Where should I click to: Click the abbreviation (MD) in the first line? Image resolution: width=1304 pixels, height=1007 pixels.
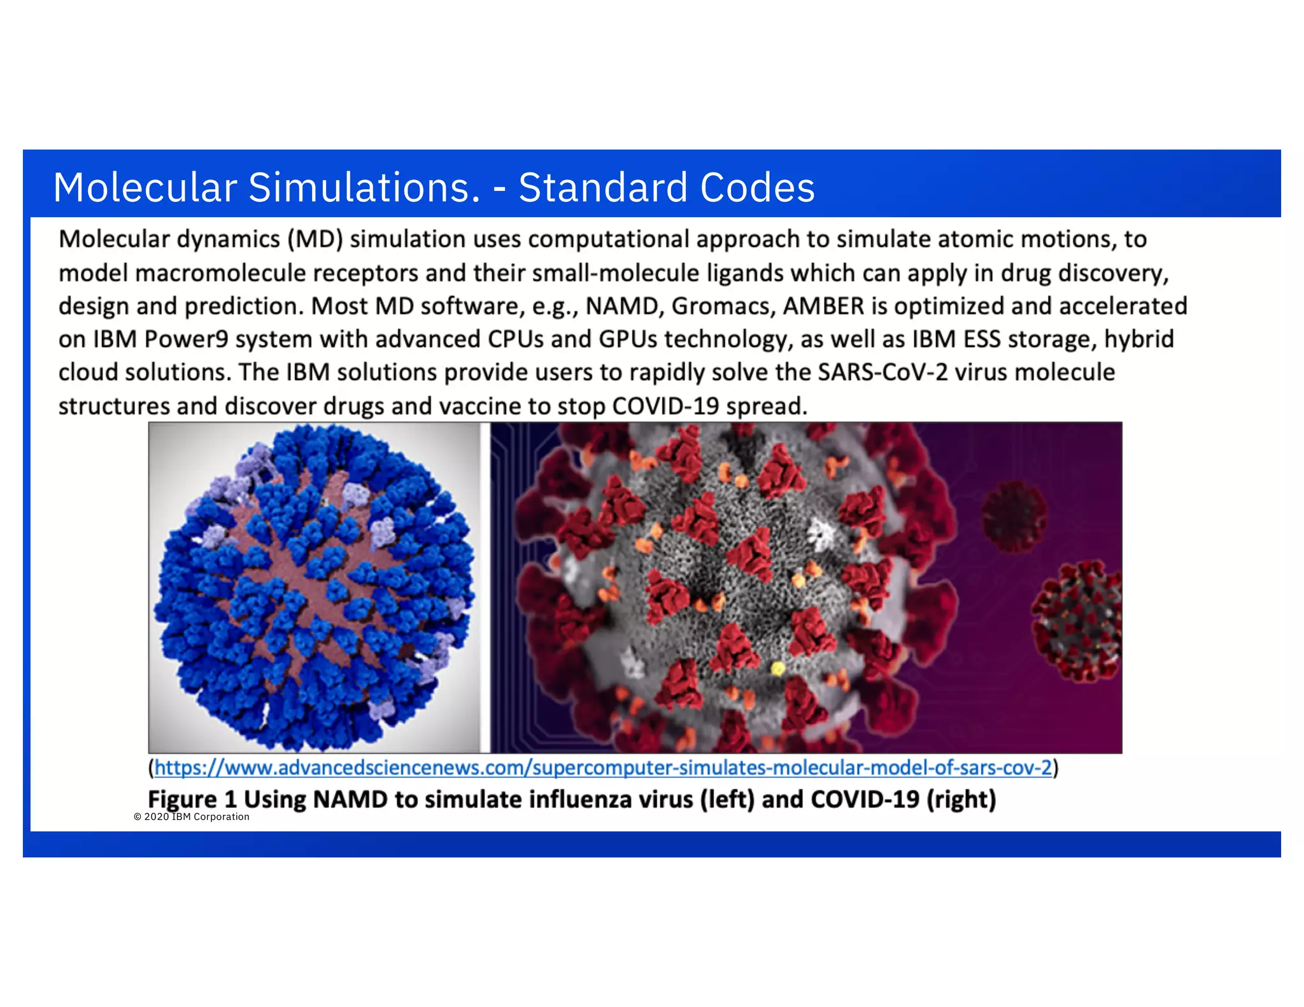click(x=315, y=239)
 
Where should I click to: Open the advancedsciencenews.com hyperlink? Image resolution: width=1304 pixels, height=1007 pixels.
click(x=603, y=768)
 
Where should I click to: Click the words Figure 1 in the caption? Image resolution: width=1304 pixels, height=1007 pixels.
click(x=192, y=799)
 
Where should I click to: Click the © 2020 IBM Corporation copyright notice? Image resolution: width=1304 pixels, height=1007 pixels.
click(x=192, y=817)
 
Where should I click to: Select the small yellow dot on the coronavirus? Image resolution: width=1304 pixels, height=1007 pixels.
click(x=777, y=668)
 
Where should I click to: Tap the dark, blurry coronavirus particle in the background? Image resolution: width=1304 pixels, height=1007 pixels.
click(x=1014, y=516)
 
